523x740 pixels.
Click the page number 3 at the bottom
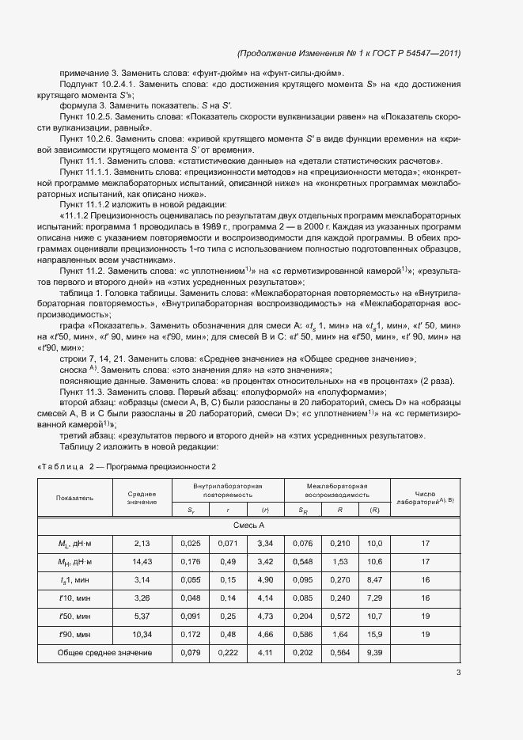[458, 673]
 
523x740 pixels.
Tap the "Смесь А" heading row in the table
[248, 526]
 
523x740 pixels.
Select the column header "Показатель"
[74, 498]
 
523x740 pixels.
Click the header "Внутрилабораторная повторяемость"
[227, 488]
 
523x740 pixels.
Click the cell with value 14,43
[142, 562]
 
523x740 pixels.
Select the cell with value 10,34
[142, 635]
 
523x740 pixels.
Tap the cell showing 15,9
[375, 635]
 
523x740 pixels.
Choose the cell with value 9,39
[375, 653]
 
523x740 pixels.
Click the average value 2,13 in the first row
[142, 544]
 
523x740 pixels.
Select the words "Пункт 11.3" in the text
[82, 391]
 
